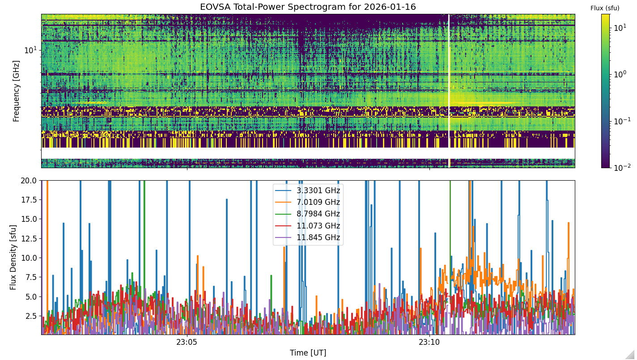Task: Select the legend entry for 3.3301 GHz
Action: (x=308, y=190)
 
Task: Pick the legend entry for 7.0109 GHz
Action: (x=308, y=202)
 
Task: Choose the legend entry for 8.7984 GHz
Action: (x=308, y=214)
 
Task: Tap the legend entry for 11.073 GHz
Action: (x=308, y=226)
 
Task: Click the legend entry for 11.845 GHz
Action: (x=308, y=237)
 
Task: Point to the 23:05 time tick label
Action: (x=187, y=342)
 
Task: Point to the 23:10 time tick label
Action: (x=429, y=342)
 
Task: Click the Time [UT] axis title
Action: (x=308, y=353)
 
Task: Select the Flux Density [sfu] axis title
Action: (x=13, y=257)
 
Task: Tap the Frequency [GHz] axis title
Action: (x=16, y=91)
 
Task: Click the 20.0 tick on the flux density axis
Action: (x=29, y=181)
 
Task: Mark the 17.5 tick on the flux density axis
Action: (x=29, y=200)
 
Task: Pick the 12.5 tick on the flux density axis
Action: (x=29, y=238)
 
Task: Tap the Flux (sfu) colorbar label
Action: (x=605, y=8)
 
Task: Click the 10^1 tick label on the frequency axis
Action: (x=31, y=50)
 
